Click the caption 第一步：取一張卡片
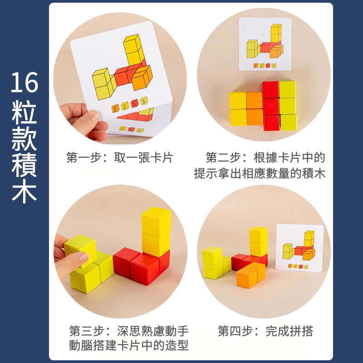[120, 158]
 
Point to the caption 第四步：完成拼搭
[265, 331]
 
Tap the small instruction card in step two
[265, 44]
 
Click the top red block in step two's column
[270, 89]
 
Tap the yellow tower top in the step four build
[258, 234]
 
